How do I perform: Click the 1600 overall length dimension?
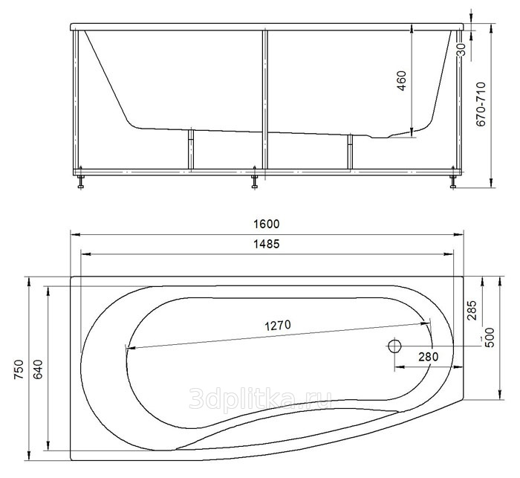tap(266, 224)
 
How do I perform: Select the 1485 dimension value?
tap(266, 245)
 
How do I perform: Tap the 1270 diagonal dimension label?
tap(278, 326)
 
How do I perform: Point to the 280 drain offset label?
tap(428, 357)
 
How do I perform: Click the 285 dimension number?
tap(471, 310)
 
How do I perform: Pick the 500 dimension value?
tap(489, 337)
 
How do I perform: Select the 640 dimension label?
tap(39, 369)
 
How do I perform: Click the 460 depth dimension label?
tap(401, 81)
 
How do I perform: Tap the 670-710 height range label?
tap(481, 104)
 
